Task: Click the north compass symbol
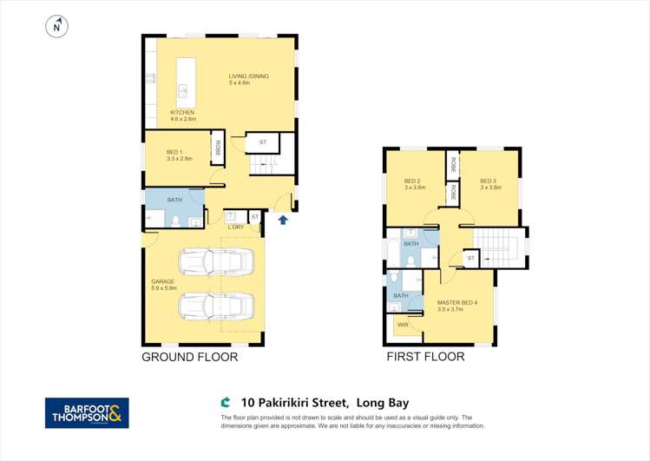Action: click(x=56, y=28)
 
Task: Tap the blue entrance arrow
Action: click(x=283, y=221)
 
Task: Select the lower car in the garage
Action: click(x=216, y=306)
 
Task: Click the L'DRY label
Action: click(x=235, y=227)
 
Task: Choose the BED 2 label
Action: click(x=414, y=184)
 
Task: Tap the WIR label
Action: click(x=403, y=325)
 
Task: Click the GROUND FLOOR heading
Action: click(x=189, y=357)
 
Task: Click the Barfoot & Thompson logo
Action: click(x=87, y=413)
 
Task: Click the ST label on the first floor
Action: click(x=470, y=258)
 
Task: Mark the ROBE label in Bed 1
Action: click(x=218, y=148)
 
